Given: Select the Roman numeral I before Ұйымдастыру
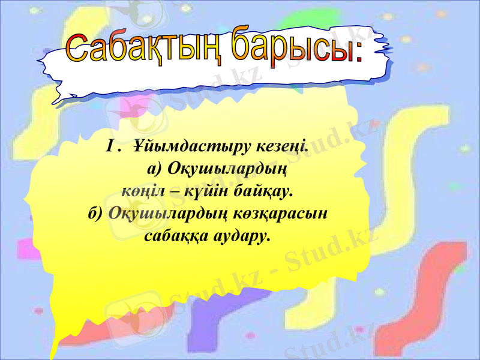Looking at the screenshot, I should [110, 146].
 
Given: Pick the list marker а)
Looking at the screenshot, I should [155, 169].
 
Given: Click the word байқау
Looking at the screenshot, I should [264, 192].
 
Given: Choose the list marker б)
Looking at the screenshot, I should [96, 214].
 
